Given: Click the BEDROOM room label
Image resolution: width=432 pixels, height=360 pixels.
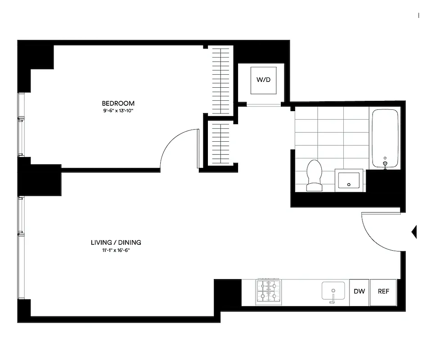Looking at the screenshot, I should tap(118, 103).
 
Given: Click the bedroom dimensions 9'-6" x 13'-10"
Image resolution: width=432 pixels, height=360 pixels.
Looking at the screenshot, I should tap(118, 110).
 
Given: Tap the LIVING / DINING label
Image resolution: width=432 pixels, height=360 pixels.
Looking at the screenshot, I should tap(116, 243).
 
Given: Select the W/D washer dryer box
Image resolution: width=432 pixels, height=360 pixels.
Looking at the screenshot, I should tap(263, 80).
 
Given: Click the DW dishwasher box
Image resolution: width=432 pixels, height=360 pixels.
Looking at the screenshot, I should tap(359, 292).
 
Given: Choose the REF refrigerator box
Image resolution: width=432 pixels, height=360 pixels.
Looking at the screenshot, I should tap(383, 292).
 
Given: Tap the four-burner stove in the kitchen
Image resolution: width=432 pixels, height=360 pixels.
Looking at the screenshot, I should tap(269, 291).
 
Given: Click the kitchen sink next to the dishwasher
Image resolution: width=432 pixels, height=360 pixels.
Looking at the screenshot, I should tap(333, 291).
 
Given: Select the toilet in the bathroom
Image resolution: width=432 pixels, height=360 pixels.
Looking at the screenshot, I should tap(314, 175).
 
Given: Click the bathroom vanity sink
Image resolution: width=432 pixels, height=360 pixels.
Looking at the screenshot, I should tap(349, 180).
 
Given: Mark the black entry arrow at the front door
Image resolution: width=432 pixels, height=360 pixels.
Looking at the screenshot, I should tap(414, 232).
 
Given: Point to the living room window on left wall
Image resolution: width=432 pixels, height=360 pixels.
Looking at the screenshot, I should tap(20, 247).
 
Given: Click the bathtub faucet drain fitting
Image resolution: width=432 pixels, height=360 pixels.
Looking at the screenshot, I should tap(385, 164).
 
